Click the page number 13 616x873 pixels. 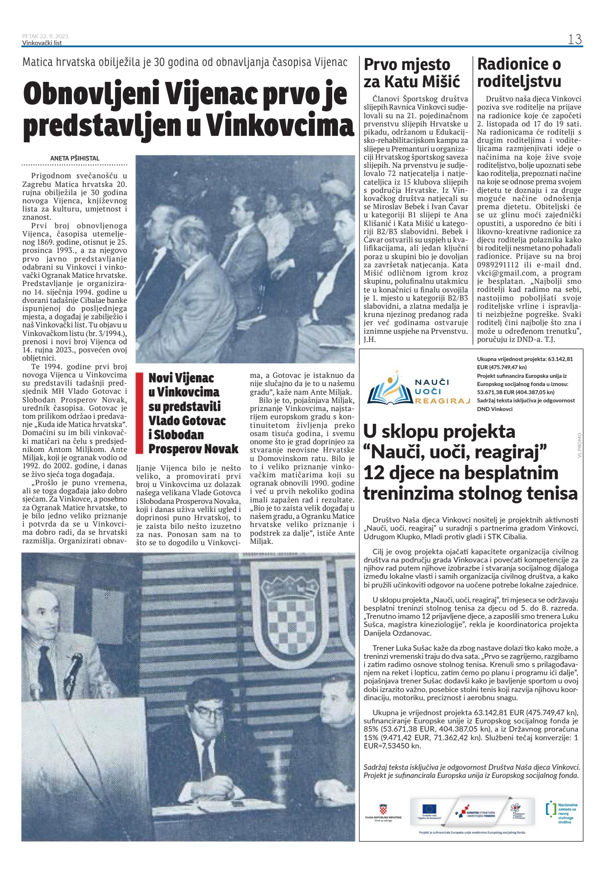coord(575,40)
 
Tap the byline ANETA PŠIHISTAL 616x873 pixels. coord(75,158)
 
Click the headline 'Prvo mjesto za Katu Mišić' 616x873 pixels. coord(412,73)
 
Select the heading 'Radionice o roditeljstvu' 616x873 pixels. coord(519,73)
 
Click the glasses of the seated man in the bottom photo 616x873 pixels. coord(207,712)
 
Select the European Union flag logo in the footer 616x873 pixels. coord(429,808)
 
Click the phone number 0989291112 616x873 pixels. coord(499,265)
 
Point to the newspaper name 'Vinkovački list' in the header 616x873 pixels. coord(42,43)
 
